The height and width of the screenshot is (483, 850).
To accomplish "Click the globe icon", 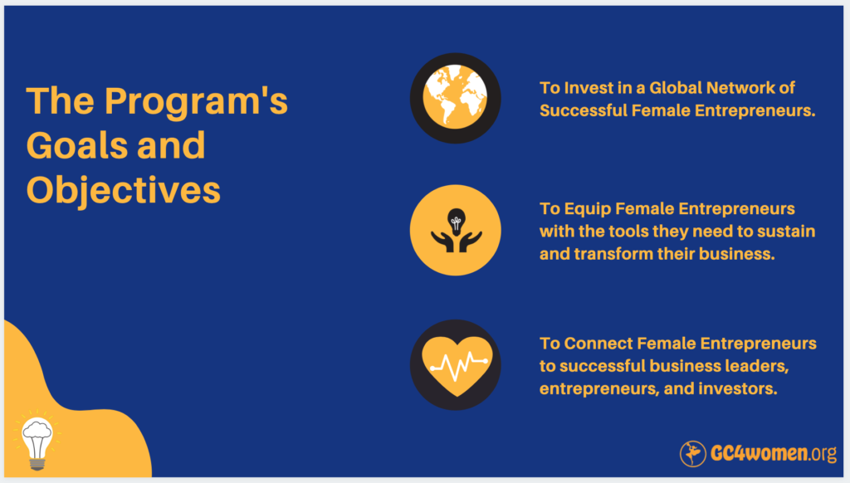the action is point(456,98).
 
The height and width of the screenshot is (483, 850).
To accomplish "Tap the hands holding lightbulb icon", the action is point(456,231).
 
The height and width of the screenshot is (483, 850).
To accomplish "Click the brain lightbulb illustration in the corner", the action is point(37,440).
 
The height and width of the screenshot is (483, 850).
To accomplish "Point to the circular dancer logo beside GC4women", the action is point(693,453).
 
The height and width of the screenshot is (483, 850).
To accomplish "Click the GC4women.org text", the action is point(774,453).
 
